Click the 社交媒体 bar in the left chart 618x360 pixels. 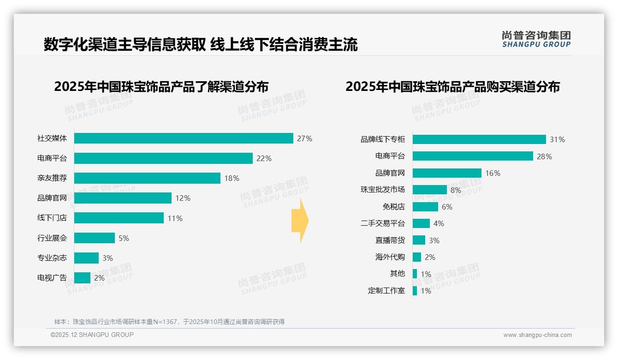[184, 138]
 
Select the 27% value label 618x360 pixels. [304, 138]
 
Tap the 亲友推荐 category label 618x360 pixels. [52, 178]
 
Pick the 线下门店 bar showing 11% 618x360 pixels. [119, 218]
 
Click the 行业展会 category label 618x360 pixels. [52, 238]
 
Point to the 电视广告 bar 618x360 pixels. [82, 278]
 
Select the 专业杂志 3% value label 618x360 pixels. [107, 258]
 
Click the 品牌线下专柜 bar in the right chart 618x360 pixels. [479, 139]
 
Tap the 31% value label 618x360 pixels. [557, 139]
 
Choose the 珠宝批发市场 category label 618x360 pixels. [382, 190]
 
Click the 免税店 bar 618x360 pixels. [425, 207]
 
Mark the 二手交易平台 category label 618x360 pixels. [382, 223]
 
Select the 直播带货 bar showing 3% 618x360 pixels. [419, 240]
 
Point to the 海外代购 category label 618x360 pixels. [390, 257]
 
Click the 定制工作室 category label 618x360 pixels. [386, 291]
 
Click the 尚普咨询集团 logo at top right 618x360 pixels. [536, 39]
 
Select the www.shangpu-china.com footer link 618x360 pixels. [537, 335]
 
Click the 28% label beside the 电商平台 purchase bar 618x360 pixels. [544, 156]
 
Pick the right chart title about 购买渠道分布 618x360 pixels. [452, 87]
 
